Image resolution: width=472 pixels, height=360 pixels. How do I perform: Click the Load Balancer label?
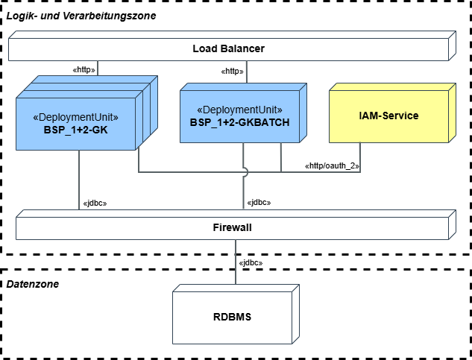click(228, 49)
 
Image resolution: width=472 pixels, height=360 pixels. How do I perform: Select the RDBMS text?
click(232, 317)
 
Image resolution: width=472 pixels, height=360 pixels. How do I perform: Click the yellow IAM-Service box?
click(388, 116)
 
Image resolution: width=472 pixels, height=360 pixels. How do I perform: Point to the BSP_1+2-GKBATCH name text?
click(239, 122)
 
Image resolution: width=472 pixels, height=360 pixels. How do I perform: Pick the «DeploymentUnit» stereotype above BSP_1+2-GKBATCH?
click(239, 110)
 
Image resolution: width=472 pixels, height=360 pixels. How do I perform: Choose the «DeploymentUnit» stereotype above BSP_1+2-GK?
click(76, 117)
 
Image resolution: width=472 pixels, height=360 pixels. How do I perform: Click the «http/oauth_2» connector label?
click(332, 165)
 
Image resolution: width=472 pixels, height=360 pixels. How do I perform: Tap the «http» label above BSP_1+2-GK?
click(84, 69)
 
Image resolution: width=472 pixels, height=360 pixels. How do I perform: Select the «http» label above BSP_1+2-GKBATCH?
click(233, 72)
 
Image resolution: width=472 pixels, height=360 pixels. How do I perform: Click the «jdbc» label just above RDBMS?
click(251, 262)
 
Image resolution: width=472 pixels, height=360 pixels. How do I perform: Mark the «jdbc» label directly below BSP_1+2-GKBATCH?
click(258, 202)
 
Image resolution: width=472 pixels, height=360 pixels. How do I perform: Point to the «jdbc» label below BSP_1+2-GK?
click(95, 202)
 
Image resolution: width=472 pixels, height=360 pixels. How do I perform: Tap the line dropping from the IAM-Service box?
click(360, 153)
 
